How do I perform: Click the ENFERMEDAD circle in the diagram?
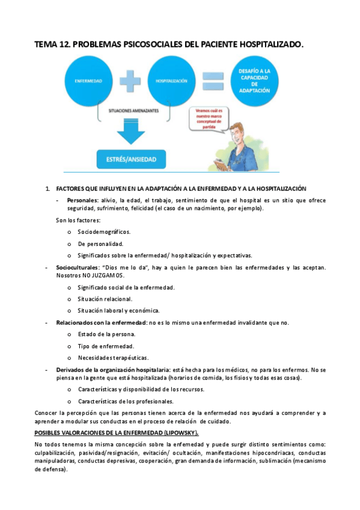88,80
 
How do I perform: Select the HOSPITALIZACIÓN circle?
170,80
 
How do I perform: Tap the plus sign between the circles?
128,80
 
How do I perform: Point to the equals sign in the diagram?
211,80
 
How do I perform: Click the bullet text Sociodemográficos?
104,232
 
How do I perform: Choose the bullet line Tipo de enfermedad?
106,346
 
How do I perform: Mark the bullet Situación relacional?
105,299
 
